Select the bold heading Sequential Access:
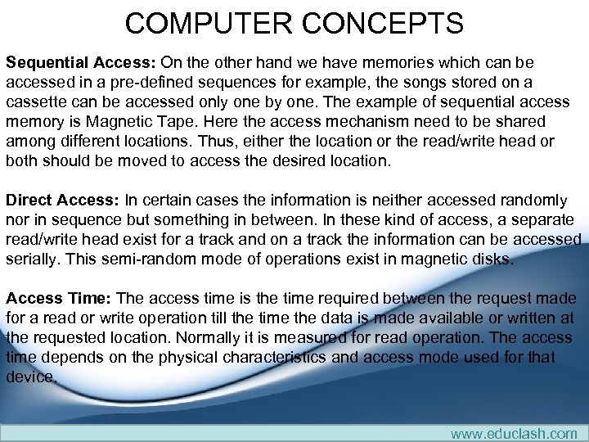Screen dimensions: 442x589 point(81,62)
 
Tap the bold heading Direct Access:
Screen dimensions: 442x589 point(63,201)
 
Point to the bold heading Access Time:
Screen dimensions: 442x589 point(60,299)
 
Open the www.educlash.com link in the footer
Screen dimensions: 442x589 point(513,433)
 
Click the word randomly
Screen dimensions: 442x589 point(537,201)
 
